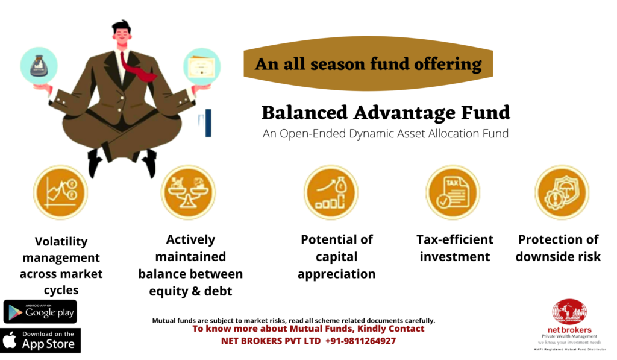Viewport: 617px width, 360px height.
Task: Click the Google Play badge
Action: click(40, 312)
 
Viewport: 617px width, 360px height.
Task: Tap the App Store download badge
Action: click(40, 340)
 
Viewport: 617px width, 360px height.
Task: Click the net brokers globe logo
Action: click(569, 312)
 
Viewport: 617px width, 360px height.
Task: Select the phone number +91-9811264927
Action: click(360, 341)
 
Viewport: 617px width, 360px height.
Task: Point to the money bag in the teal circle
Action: click(39, 66)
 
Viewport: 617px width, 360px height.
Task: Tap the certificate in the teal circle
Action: click(202, 67)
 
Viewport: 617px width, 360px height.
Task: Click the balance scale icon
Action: click(188, 192)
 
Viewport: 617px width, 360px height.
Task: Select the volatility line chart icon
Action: click(60, 192)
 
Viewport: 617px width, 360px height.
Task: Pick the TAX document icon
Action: click(453, 192)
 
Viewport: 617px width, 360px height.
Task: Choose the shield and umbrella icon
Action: click(562, 192)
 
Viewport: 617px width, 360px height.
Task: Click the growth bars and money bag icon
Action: click(331, 192)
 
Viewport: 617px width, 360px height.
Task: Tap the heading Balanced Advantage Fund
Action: click(386, 113)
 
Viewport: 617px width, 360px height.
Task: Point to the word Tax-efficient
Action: click(454, 239)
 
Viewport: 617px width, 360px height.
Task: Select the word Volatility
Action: click(61, 241)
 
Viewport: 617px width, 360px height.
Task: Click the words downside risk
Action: click(558, 257)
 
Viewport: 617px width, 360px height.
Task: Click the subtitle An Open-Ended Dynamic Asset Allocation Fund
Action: click(386, 134)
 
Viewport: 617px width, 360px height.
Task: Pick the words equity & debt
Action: click(190, 291)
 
